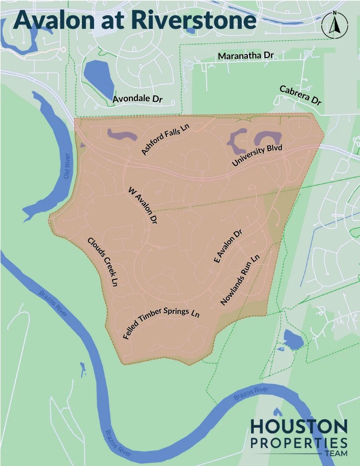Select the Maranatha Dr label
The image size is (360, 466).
coord(246,55)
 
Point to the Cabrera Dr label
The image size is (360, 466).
coord(301,95)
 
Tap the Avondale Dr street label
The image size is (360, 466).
coord(137,99)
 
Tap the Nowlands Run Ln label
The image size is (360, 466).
coord(240,280)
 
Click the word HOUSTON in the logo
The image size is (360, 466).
coord(299,426)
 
